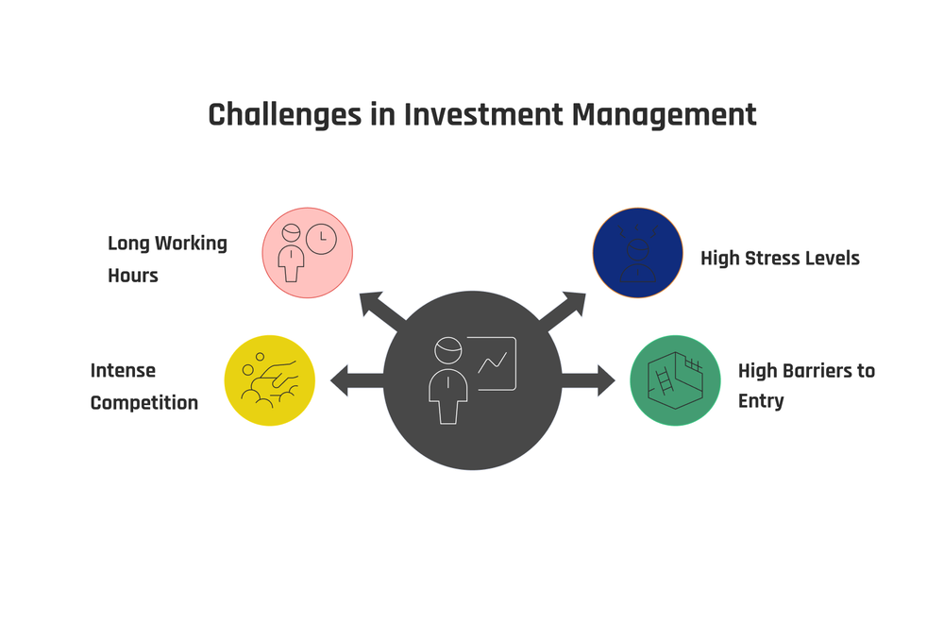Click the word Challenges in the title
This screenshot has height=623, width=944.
click(x=284, y=114)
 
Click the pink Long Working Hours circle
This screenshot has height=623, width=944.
click(x=307, y=253)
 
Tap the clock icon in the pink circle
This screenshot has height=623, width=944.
click(x=321, y=239)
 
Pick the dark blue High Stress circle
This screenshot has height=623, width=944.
click(x=637, y=253)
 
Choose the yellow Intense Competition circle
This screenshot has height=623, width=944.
click(x=269, y=380)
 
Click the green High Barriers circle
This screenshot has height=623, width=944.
click(x=675, y=380)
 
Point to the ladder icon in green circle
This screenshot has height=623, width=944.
click(x=665, y=380)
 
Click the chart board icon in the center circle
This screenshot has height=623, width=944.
click(x=496, y=362)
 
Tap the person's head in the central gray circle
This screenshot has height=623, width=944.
click(x=448, y=350)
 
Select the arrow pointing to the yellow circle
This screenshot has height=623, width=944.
click(x=354, y=380)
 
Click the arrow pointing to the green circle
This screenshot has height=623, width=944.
click(x=590, y=380)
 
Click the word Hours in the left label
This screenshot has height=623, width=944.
click(x=132, y=276)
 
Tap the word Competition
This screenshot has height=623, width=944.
click(x=143, y=403)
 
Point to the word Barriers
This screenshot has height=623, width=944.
click(x=818, y=371)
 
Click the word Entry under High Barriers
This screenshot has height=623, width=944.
click(x=761, y=401)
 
